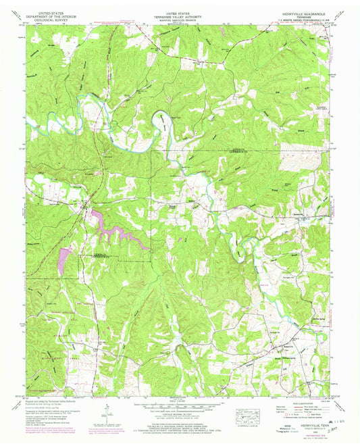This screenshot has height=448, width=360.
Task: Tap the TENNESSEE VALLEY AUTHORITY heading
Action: pyautogui.click(x=180, y=16)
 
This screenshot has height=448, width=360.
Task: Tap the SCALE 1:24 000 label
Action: pyautogui.click(x=180, y=403)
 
